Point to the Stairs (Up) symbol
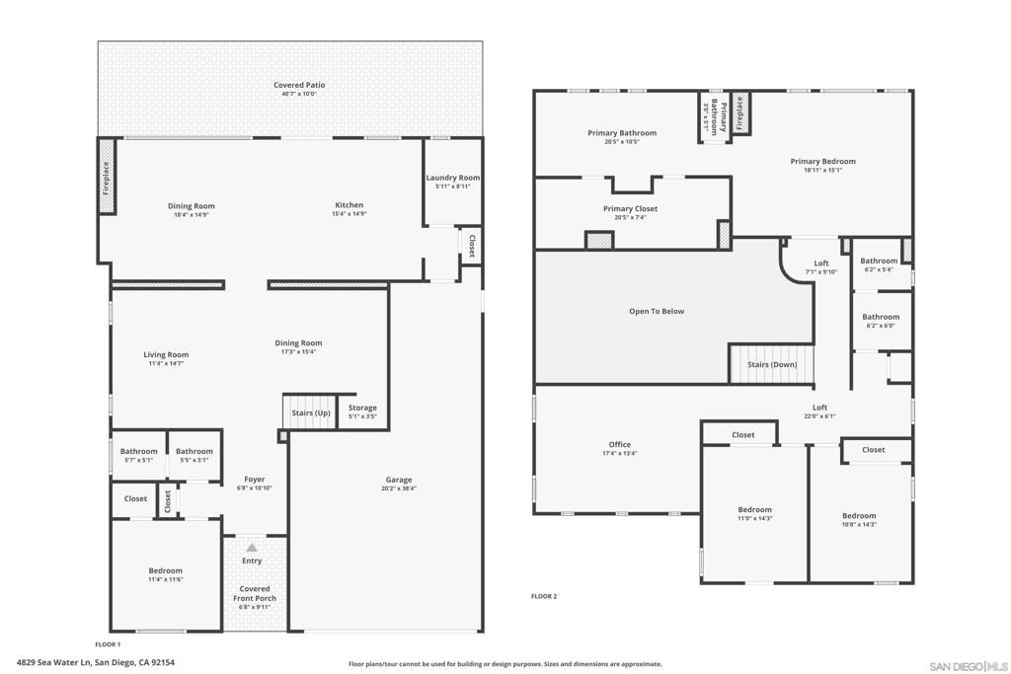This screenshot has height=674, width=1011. click(x=310, y=412)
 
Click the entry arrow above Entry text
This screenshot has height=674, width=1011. click(x=252, y=548)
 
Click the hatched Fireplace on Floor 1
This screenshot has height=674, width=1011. click(x=107, y=177)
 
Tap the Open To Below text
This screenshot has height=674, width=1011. click(x=657, y=311)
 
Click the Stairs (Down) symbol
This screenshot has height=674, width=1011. click(x=772, y=364)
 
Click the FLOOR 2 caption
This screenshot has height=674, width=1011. click(x=544, y=596)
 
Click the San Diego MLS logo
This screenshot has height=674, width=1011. click(x=969, y=666)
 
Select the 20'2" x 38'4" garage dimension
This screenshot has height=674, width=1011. click(x=399, y=488)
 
